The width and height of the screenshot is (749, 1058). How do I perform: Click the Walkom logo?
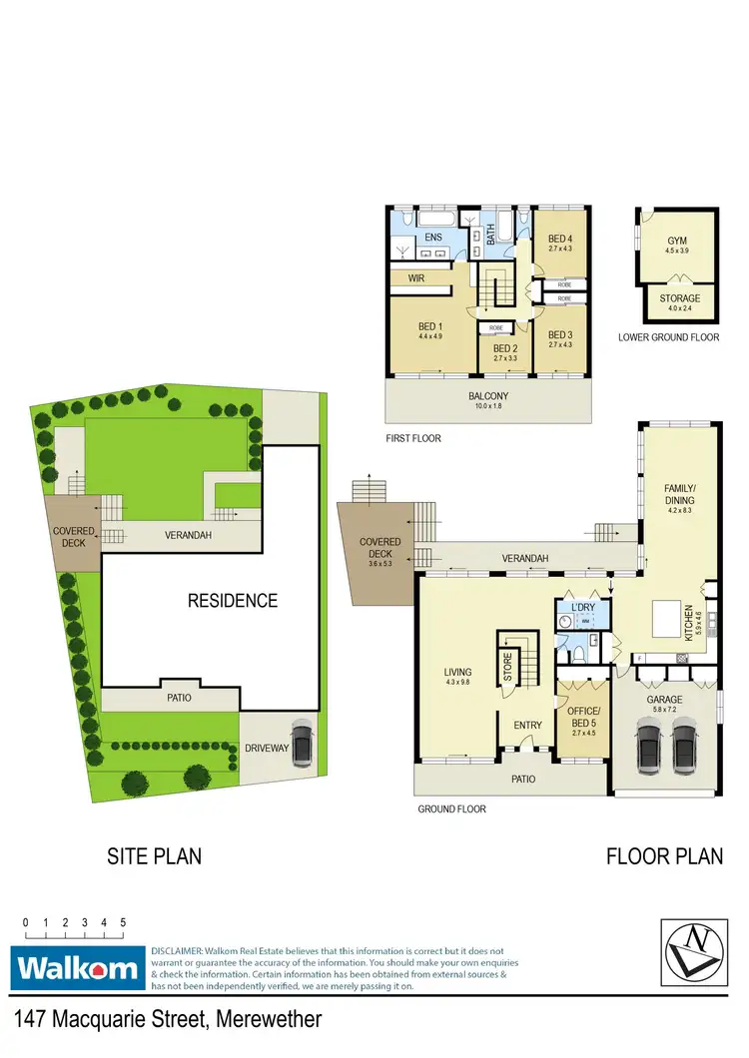coord(77,968)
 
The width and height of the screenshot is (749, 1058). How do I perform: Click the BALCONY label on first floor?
coord(488,396)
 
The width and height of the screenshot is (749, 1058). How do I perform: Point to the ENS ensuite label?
coord(432,238)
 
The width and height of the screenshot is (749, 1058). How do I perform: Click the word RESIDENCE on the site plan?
coord(233,601)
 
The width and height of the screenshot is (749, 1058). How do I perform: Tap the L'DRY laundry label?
coord(581,608)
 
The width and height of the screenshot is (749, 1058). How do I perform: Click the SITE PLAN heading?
coord(154,856)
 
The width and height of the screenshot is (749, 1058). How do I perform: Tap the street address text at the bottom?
coord(168,1020)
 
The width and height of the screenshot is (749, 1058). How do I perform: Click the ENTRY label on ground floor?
coord(527,726)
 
